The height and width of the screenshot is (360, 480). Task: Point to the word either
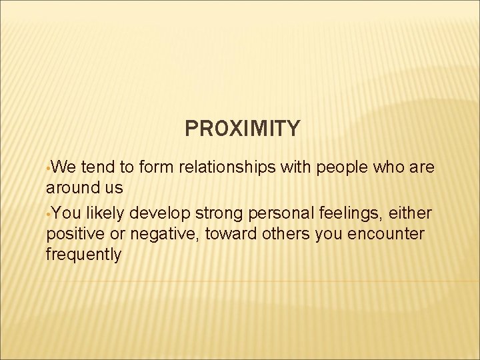[x=413, y=213]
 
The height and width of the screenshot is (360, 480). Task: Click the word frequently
[x=84, y=255]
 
